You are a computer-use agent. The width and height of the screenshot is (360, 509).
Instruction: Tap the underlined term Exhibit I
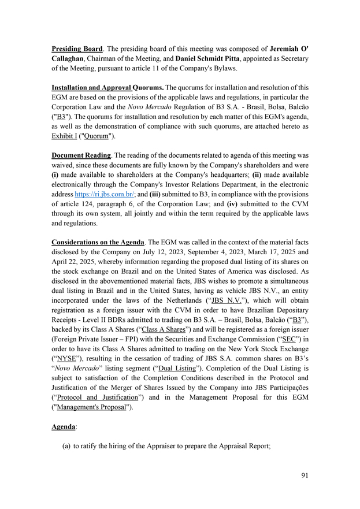point(64,136)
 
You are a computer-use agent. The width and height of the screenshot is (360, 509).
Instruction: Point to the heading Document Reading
point(81,156)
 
